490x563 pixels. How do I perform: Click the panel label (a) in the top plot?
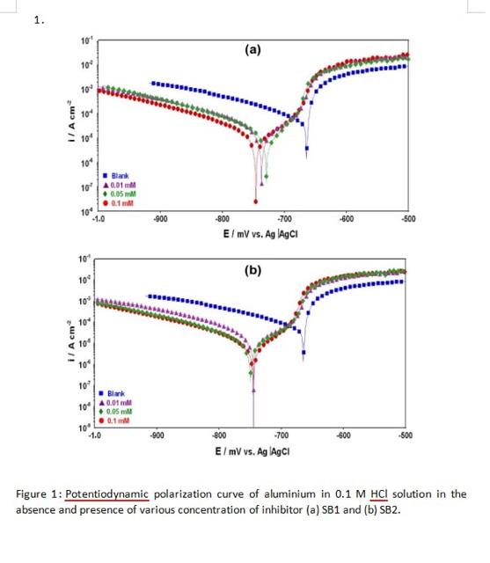(252, 50)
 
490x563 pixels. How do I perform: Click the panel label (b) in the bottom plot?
(252, 270)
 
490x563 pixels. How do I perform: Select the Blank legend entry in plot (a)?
(119, 177)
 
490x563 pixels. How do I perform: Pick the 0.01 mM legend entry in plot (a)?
(122, 185)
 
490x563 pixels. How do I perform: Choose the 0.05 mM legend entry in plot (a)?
(122, 193)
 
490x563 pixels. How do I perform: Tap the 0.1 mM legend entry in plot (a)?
(121, 201)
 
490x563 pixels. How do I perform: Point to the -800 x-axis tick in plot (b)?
(219, 435)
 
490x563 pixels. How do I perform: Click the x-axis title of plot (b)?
(252, 450)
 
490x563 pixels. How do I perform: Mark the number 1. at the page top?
(39, 20)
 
